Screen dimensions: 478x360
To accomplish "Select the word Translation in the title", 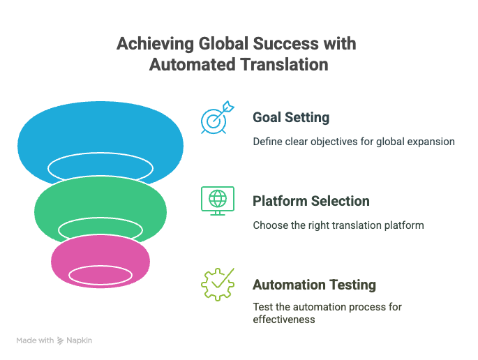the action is point(285,65).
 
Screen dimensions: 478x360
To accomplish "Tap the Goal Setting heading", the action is point(291,118).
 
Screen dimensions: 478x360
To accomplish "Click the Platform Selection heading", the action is point(311,201).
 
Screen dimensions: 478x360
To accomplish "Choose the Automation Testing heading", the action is point(314,285).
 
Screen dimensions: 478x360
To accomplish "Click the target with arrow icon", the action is point(217,117).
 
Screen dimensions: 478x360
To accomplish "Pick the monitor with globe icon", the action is point(218,201).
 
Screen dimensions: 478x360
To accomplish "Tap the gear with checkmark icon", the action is point(218,285).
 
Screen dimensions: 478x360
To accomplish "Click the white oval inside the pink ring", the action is point(100,276).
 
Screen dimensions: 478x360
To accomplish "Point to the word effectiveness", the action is point(284,320).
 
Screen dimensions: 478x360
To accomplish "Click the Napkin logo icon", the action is point(60,340).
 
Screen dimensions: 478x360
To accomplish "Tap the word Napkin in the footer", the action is point(80,340).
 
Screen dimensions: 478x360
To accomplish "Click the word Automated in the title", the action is point(193,65).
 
